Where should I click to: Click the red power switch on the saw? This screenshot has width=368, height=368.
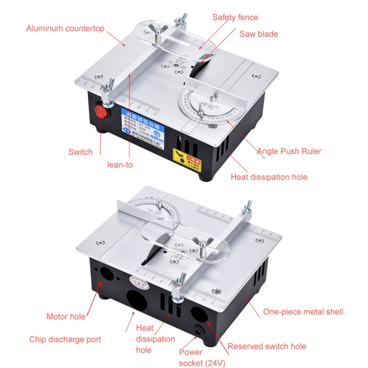[x=100, y=111]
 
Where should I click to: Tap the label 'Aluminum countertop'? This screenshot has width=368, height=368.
[x=65, y=28]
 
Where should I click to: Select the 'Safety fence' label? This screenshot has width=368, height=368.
[x=235, y=17]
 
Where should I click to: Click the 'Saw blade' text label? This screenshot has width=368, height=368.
[x=259, y=34]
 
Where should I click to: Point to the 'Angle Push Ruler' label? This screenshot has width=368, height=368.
[x=289, y=151]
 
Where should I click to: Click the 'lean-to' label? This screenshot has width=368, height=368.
[x=120, y=165]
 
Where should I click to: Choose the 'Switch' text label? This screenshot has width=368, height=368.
[x=80, y=152]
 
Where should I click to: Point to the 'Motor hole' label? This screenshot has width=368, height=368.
[x=66, y=316]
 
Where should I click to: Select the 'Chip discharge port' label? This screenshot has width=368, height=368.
[x=65, y=339]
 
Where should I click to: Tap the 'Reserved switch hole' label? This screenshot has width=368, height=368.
[x=267, y=346]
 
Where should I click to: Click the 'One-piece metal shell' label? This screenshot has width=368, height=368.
[x=303, y=312]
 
